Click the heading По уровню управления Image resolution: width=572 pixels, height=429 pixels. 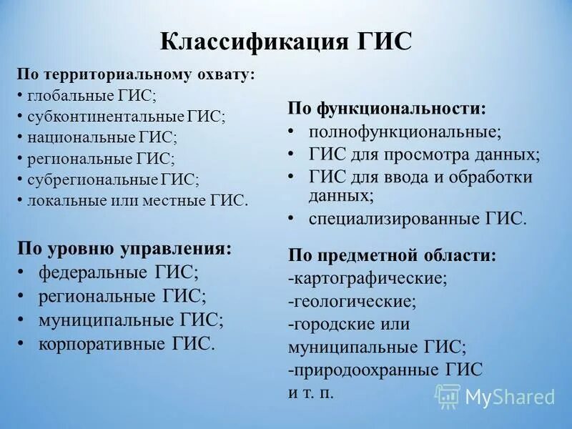click(124, 248)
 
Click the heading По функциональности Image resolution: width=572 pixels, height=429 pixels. click(387, 109)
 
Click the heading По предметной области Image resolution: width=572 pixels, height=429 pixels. click(393, 255)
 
